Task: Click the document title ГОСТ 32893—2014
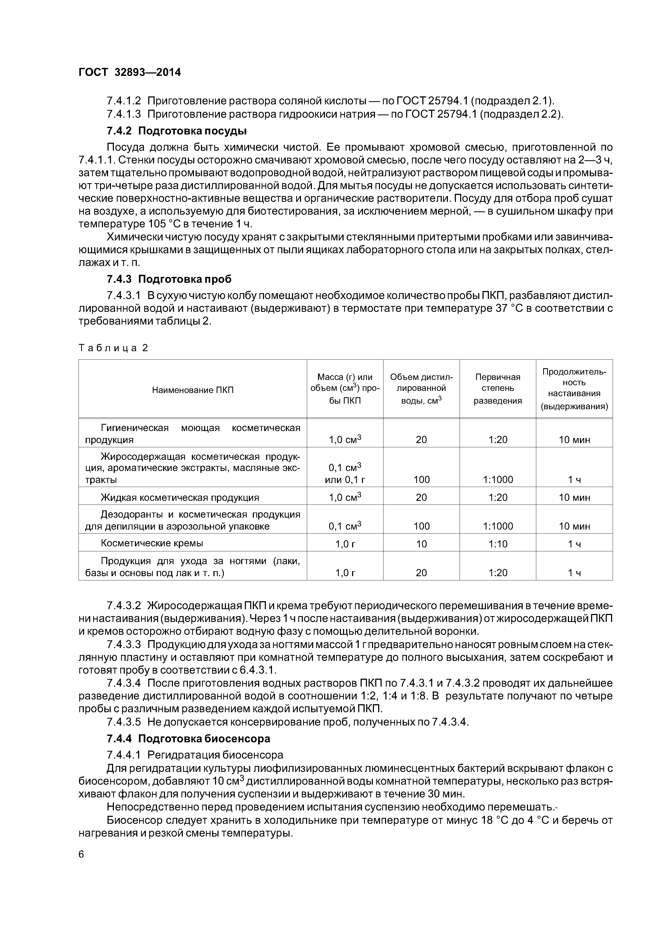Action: point(129,72)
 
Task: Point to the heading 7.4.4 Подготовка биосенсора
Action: point(188,738)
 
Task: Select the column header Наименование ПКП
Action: point(193,390)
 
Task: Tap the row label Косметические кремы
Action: point(152,543)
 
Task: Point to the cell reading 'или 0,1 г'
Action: point(345,480)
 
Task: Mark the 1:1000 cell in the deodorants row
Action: point(498,526)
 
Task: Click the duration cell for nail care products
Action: point(574,573)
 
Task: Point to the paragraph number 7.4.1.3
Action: point(124,114)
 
